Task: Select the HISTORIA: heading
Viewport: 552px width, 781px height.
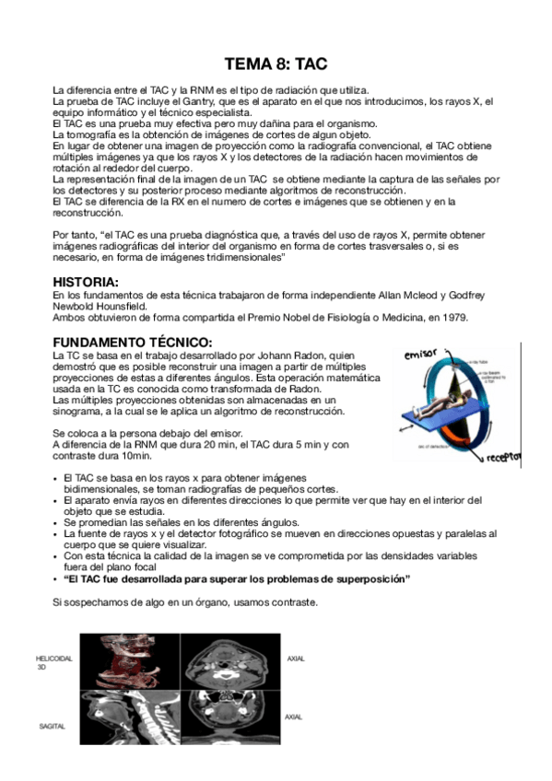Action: pos(85,282)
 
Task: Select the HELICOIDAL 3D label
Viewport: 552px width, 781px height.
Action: pos(53,662)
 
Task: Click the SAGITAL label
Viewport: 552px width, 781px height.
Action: pos(52,727)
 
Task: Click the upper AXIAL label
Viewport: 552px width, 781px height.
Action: pos(296,659)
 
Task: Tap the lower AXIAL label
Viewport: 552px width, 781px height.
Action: pos(294,716)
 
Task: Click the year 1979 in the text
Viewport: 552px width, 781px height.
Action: pos(453,318)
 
